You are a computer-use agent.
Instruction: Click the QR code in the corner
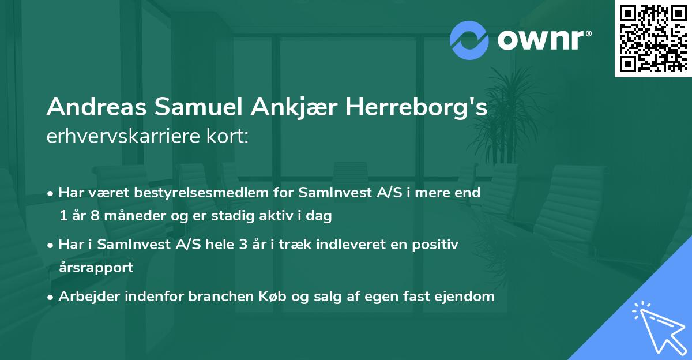click(653, 39)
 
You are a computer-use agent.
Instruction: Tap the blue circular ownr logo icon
click(470, 40)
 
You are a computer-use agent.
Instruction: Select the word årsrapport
click(96, 268)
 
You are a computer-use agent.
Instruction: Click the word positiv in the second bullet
click(437, 245)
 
